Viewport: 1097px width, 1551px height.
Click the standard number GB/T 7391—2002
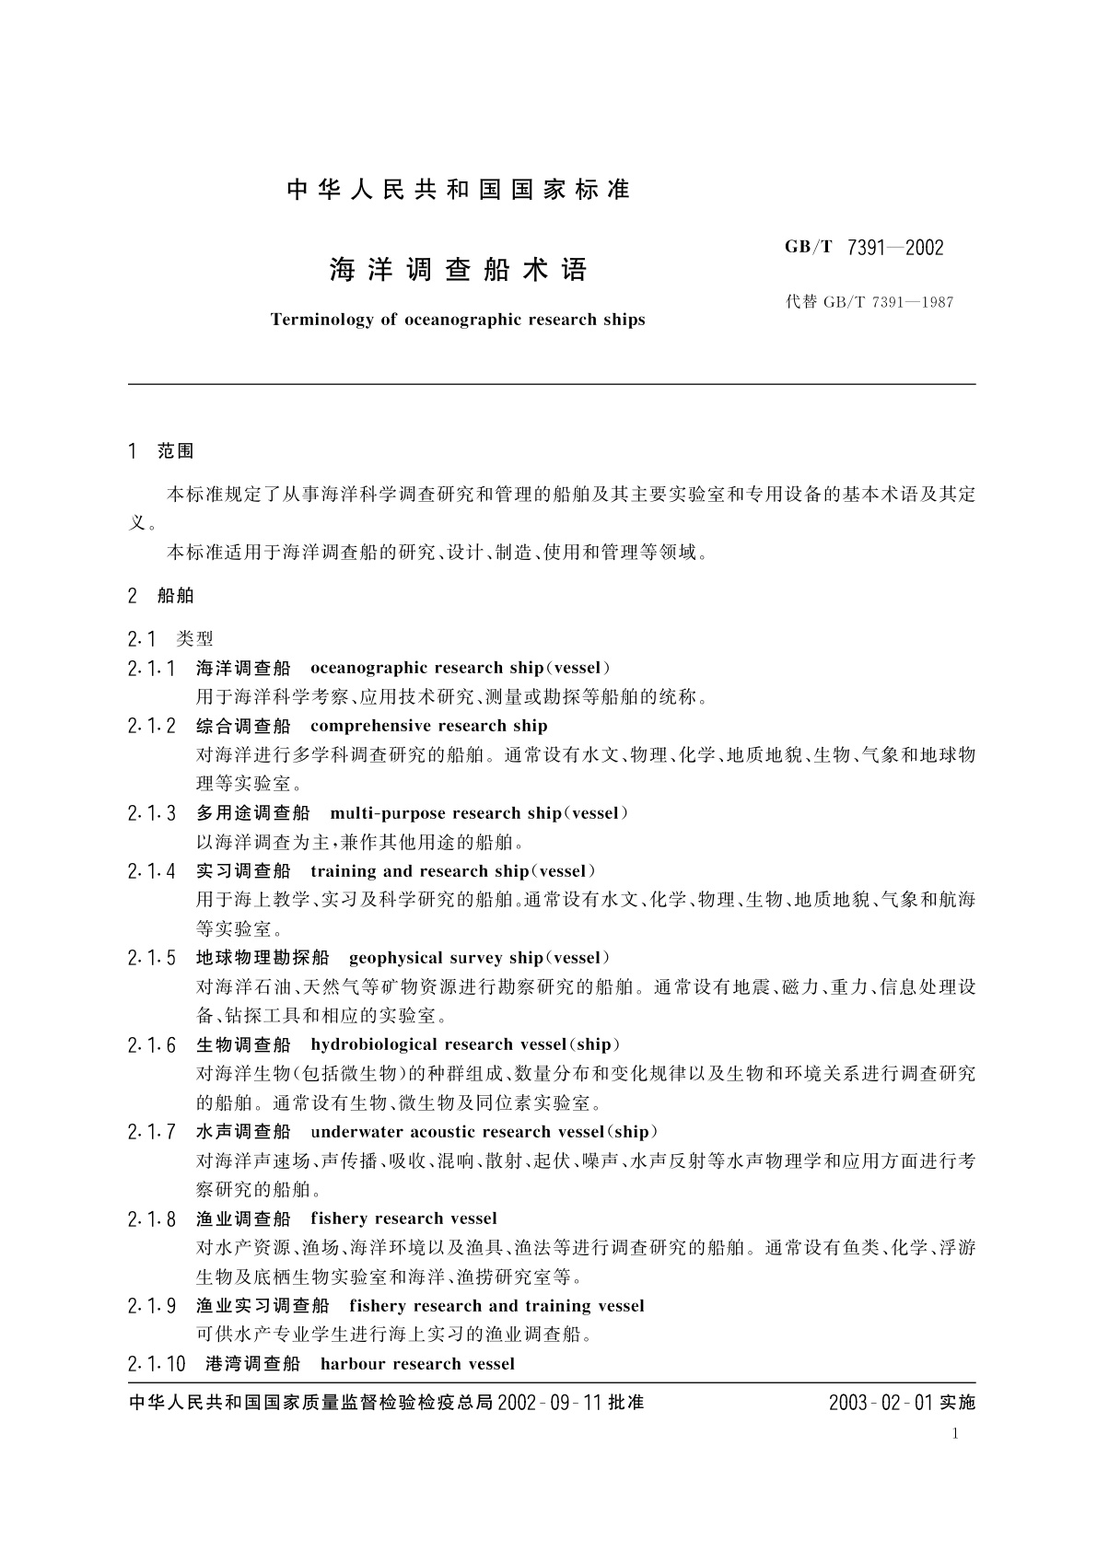863,247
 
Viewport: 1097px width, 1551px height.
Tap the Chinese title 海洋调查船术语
458,270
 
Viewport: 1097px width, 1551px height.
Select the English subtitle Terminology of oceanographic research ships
458,320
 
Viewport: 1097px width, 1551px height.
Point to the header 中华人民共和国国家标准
458,190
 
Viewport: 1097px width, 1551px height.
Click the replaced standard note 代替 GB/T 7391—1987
869,302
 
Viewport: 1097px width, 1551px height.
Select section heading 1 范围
161,451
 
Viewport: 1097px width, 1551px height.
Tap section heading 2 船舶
161,596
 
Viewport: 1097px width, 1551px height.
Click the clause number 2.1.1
152,669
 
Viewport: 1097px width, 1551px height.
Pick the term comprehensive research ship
429,727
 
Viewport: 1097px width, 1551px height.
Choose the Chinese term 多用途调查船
253,813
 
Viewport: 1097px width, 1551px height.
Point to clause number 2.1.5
152,959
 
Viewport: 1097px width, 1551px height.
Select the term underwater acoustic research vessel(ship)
484,1132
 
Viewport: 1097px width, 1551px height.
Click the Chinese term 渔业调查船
244,1219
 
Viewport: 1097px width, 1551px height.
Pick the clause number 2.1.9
152,1306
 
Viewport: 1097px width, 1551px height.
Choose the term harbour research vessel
417,1364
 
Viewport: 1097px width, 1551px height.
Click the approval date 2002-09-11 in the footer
549,1403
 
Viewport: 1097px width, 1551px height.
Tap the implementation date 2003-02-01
881,1403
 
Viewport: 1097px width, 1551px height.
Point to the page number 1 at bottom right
955,1433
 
